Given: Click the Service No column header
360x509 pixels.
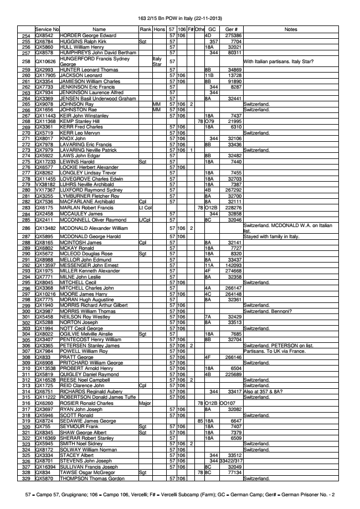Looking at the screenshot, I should [x=47, y=28].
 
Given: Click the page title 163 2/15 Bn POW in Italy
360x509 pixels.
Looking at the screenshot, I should [x=180, y=18].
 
